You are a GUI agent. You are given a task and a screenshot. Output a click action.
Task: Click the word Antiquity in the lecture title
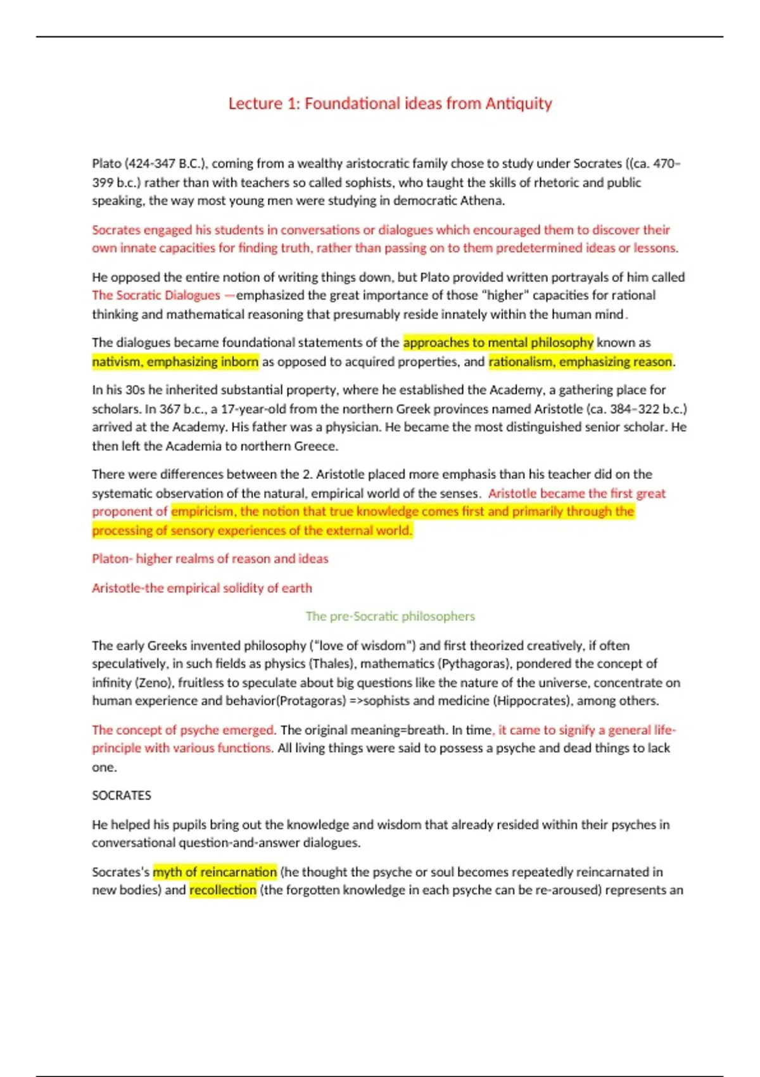519,103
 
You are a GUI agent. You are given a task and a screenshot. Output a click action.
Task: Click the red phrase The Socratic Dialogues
156,295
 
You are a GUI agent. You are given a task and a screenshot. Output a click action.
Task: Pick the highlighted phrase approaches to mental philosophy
498,343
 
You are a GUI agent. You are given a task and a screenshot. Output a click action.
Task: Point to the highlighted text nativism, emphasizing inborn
175,362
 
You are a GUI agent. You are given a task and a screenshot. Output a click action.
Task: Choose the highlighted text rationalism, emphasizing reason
579,362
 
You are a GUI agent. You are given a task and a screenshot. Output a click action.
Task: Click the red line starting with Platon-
210,559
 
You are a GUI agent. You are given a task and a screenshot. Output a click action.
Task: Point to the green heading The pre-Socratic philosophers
390,616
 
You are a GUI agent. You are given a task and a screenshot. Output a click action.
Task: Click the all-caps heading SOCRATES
122,795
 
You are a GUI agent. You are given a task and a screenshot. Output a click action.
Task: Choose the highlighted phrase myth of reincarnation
215,872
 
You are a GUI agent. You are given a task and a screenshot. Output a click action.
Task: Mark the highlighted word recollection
223,890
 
